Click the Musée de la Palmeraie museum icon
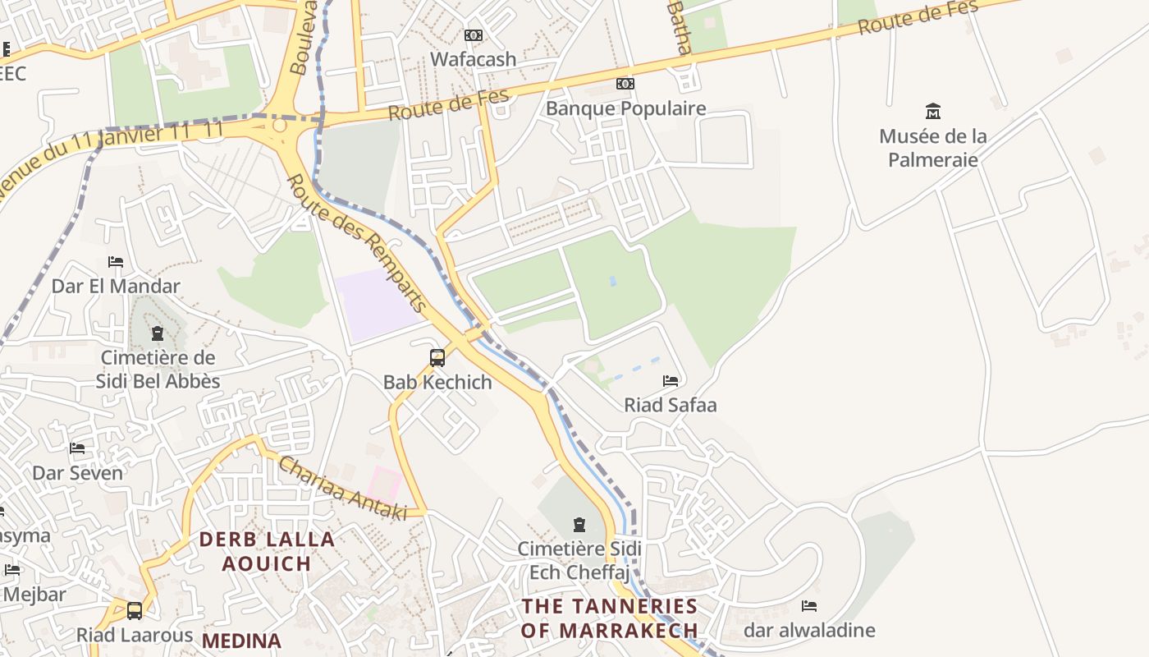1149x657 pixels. (932, 111)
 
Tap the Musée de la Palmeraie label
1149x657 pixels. (933, 148)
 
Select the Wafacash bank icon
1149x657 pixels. (474, 35)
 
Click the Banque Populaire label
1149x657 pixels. (625, 108)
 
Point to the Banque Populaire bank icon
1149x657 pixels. (625, 84)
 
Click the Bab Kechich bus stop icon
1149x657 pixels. (437, 357)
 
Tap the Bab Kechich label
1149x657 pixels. (437, 382)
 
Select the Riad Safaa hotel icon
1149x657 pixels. (671, 380)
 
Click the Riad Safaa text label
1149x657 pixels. (671, 405)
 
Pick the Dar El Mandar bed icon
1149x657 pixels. (116, 262)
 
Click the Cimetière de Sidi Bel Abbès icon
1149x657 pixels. (158, 333)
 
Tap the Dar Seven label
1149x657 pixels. (77, 473)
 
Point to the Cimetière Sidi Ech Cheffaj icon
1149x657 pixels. (579, 524)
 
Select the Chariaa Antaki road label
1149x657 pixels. (343, 489)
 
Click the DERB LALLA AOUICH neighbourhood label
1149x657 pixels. (268, 552)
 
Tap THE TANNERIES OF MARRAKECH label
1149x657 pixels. (610, 618)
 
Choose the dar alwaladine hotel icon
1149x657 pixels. (809, 606)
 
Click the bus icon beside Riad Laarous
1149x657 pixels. (135, 611)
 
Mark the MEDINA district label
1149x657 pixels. (241, 641)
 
